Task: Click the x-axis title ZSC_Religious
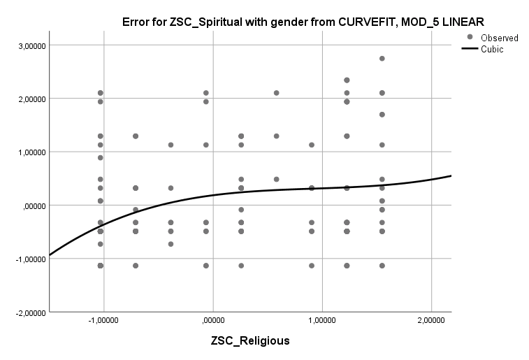coord(250,341)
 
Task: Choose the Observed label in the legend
coord(500,38)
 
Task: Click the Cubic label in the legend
coord(492,49)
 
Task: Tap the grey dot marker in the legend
coord(470,37)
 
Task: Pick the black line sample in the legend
coord(470,49)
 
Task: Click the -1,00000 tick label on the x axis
coord(102,321)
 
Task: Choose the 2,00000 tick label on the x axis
coord(431,321)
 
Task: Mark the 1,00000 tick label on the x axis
coord(321,321)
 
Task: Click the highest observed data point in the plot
coord(382,59)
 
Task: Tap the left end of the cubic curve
coord(50,255)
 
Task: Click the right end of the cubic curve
coord(451,175)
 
